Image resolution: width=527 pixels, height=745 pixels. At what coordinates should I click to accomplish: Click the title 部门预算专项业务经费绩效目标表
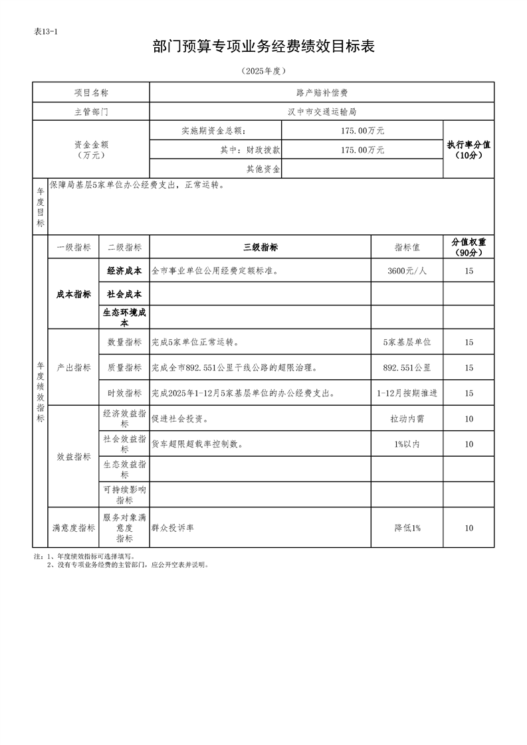coord(264,46)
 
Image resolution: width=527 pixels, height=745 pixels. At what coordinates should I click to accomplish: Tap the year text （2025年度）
coord(264,71)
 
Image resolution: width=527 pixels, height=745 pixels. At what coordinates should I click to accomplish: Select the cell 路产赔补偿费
coord(322,92)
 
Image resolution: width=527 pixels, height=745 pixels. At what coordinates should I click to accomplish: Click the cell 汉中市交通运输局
coord(322,112)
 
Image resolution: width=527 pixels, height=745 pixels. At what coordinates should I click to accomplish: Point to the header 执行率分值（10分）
coord(469,150)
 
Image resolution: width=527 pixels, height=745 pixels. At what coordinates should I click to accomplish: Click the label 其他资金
coord(263,169)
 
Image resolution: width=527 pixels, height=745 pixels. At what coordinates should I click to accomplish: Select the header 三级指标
coord(260,248)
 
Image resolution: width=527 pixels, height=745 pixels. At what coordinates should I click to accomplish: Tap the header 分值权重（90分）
coord(469,248)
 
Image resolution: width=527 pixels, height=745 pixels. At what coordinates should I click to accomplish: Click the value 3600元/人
coord(407,271)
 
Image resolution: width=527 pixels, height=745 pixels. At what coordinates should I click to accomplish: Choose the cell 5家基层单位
coord(407,343)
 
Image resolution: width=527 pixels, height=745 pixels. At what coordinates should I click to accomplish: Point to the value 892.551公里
coord(407,368)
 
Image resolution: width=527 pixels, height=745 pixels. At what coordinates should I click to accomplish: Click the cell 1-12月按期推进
coord(407,393)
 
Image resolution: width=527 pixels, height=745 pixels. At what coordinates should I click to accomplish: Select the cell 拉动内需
coord(407,419)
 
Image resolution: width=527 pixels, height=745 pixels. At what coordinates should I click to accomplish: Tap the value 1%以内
coord(407,444)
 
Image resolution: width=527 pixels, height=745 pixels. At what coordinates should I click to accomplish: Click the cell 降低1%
coord(407,528)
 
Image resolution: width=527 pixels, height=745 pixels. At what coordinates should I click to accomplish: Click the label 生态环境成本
coord(124,317)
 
